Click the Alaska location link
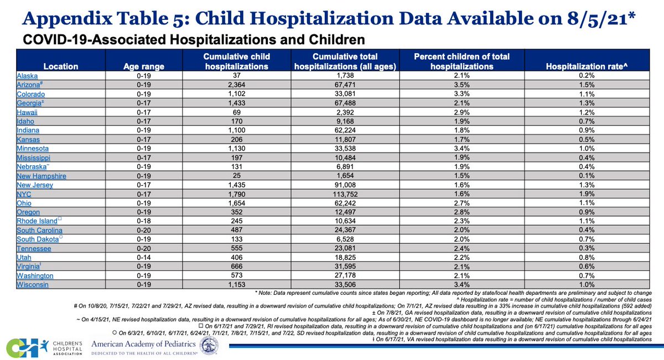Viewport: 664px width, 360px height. click(27, 76)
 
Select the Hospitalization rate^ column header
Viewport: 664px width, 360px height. click(587, 66)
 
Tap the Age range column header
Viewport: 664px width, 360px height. click(144, 66)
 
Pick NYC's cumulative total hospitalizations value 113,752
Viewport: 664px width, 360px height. click(345, 194)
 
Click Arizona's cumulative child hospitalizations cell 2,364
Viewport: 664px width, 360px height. click(237, 85)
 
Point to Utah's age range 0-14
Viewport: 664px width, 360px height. click(144, 258)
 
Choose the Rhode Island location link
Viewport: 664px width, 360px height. click(37, 221)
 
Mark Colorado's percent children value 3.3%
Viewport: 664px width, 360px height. click(461, 94)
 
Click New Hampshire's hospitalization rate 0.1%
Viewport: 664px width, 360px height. click(587, 176)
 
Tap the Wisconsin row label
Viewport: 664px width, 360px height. click(32, 285)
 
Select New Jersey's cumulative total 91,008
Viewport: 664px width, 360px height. click(345, 185)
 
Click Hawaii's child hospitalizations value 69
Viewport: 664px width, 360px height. click(237, 112)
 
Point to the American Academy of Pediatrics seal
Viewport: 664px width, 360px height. click(209, 346)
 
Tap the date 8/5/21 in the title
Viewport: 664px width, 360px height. click(597, 19)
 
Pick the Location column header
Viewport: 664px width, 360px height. click(61, 66)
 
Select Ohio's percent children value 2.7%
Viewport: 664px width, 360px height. click(461, 204)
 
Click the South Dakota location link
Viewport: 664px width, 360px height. click(38, 239)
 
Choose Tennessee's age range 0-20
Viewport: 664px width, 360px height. click(144, 248)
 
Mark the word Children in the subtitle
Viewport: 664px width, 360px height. click(337, 40)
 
